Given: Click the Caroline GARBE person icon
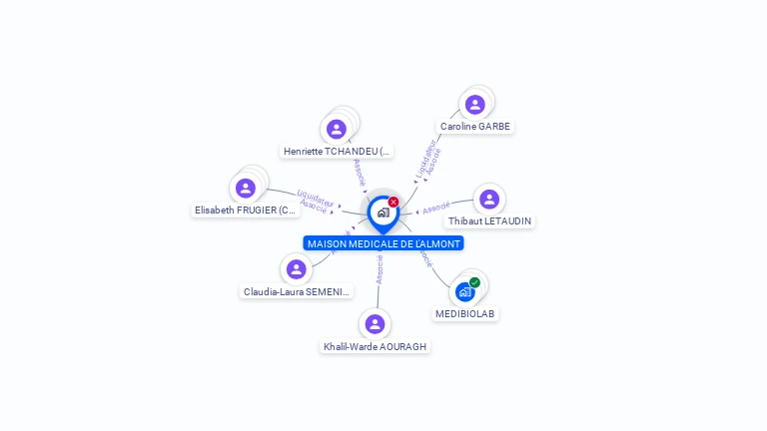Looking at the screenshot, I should [x=474, y=104].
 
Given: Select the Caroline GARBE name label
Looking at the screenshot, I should [x=475, y=127].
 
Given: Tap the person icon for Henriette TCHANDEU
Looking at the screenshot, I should [x=337, y=129].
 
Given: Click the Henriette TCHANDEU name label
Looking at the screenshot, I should [x=338, y=152].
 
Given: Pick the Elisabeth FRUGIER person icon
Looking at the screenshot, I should [x=246, y=188].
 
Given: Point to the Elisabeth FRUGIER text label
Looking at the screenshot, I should [x=246, y=211].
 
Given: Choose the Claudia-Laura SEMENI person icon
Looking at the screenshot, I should [x=296, y=269].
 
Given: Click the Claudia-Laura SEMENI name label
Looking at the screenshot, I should [x=297, y=292].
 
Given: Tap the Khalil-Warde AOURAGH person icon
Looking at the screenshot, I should [x=375, y=324].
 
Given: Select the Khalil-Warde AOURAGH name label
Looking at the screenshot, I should [x=375, y=346].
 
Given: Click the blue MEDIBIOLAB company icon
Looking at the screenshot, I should [x=464, y=292].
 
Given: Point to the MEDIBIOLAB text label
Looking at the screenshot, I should [x=465, y=313].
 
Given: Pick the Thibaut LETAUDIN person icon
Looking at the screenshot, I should [x=489, y=199].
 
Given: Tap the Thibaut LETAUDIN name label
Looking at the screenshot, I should [x=489, y=220].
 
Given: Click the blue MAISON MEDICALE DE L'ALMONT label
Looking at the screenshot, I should [x=383, y=243].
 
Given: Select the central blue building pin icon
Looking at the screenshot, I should [x=383, y=213].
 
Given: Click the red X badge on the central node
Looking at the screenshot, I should [x=393, y=202].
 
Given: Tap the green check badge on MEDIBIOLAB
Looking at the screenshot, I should [x=474, y=282].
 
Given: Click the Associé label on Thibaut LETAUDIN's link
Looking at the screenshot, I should [x=435, y=209].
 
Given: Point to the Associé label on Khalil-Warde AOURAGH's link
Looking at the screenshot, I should [x=379, y=269].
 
